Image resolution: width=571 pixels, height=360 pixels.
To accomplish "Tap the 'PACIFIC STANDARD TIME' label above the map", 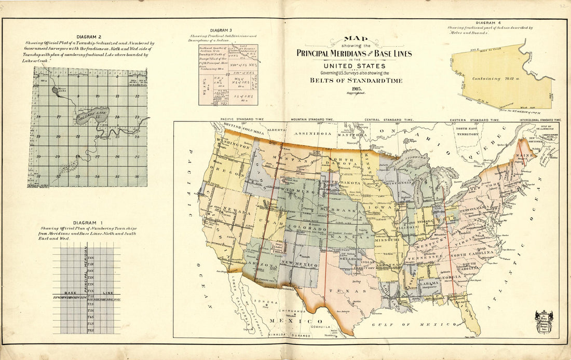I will [x=242, y=119].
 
